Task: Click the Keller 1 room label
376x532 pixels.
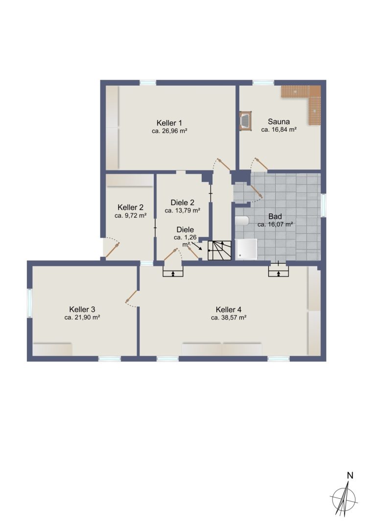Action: tap(169, 123)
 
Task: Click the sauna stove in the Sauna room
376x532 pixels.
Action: tap(245, 121)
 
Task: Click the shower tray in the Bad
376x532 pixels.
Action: tap(246, 249)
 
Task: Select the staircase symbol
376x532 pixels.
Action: tap(219, 251)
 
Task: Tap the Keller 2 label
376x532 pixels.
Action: tap(130, 208)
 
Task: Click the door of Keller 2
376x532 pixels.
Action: tap(112, 250)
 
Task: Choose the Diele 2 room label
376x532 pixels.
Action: tap(182, 203)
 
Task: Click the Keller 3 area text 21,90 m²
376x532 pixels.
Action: tap(82, 317)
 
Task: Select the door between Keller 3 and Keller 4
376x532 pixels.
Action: tap(132, 297)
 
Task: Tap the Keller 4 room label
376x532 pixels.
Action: tap(228, 309)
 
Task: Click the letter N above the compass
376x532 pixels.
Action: tap(350, 476)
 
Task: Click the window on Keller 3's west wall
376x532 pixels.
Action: tap(29, 303)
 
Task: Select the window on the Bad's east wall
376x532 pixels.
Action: tap(323, 205)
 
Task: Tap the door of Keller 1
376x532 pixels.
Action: tap(223, 165)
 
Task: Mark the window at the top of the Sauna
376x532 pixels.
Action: tap(263, 82)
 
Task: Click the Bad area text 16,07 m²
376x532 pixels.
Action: tap(275, 224)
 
